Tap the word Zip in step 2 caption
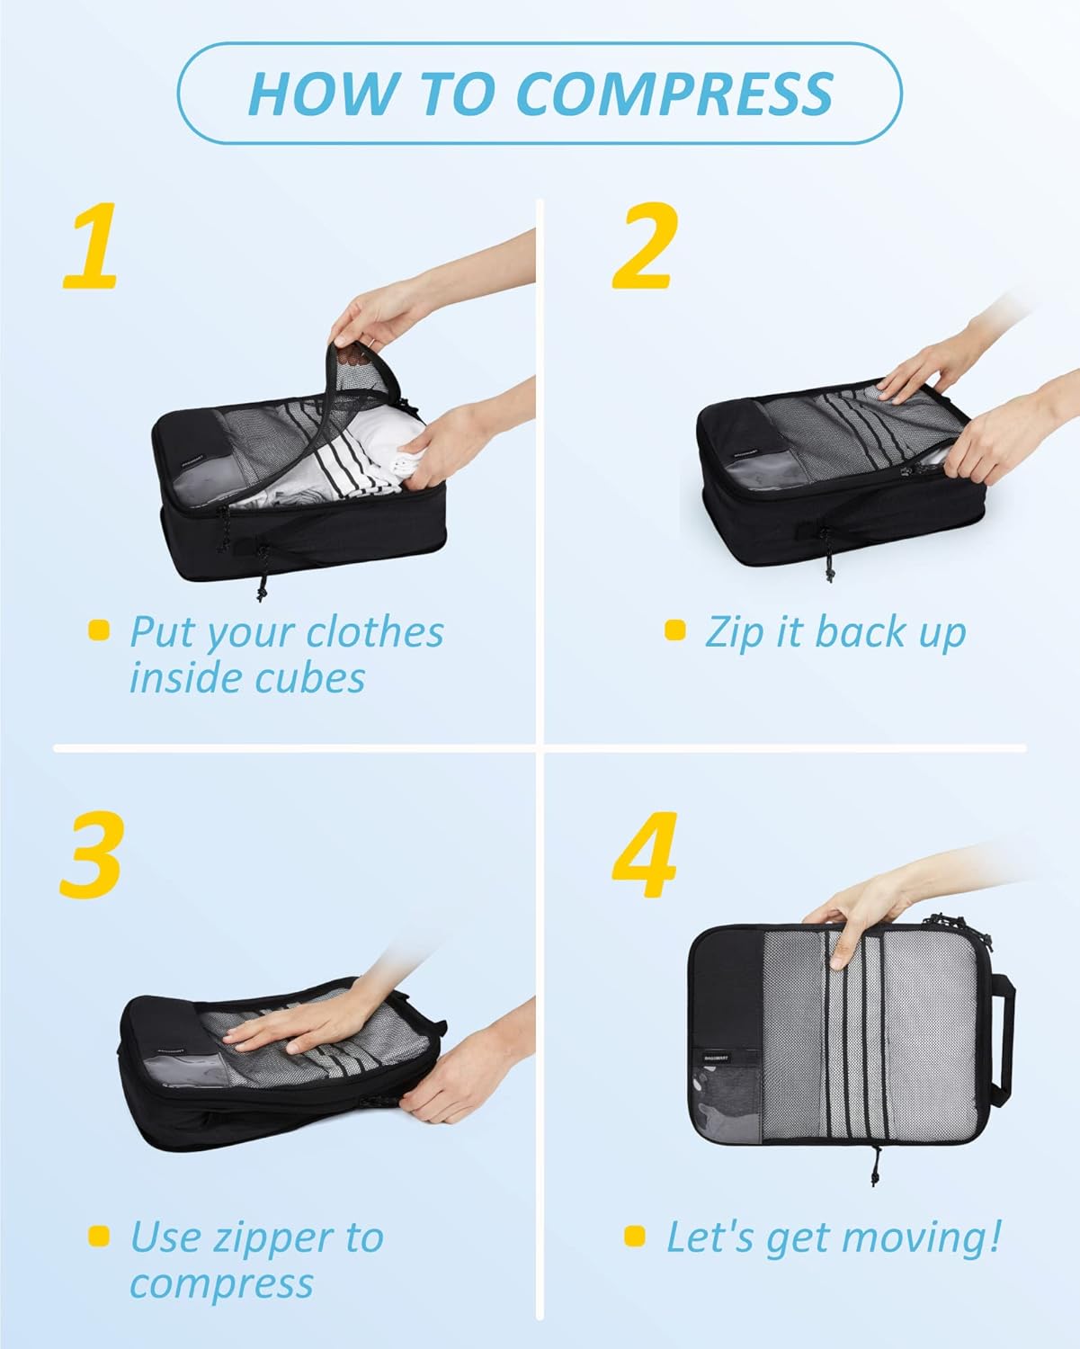(734, 632)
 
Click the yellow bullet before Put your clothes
(99, 630)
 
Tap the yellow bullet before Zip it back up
(674, 630)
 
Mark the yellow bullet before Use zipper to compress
(99, 1236)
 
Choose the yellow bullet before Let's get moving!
(635, 1236)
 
